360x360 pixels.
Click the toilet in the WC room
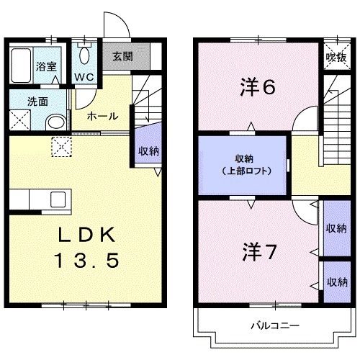point(86,56)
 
